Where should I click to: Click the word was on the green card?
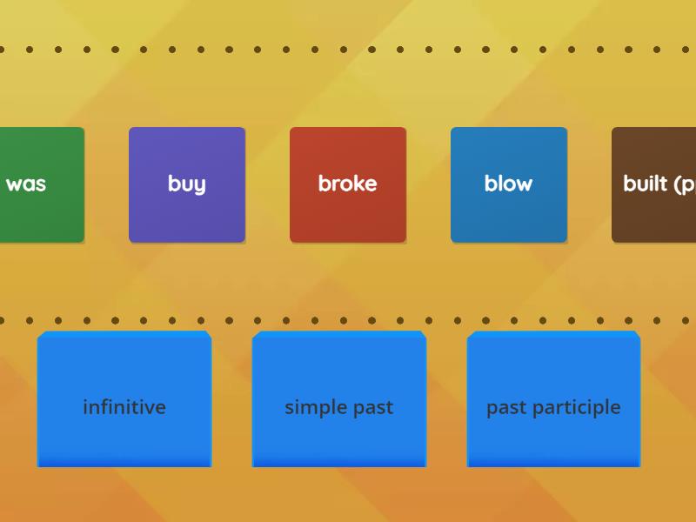[26, 184]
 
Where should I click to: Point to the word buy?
[187, 184]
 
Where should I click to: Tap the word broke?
[348, 184]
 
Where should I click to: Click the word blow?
[508, 184]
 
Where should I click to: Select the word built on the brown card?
[645, 184]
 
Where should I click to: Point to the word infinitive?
[124, 407]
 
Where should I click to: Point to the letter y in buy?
[200, 186]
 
